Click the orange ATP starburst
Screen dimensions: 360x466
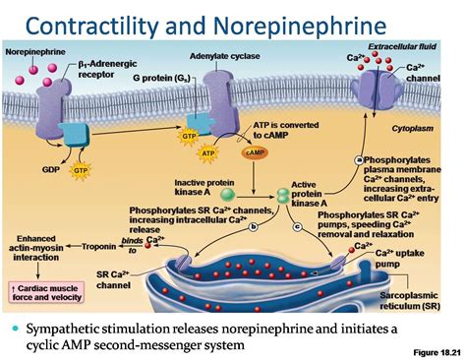[207, 153]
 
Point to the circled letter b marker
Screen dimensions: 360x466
[252, 227]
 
